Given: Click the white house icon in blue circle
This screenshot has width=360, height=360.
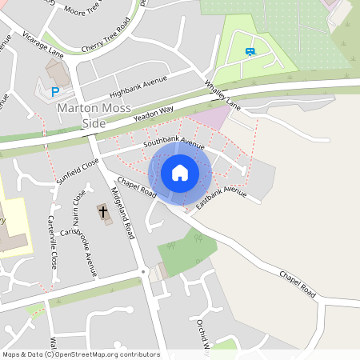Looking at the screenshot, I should [180, 173].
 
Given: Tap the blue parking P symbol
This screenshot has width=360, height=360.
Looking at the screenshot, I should [55, 92].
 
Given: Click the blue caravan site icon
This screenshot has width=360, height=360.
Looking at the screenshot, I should [250, 53].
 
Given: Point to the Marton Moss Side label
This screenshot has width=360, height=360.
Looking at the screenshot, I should [93, 115].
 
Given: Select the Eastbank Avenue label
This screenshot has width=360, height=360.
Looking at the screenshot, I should [221, 198].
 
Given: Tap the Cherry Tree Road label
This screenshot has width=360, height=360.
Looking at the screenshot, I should [106, 36].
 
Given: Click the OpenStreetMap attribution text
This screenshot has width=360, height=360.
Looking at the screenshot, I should [81, 354].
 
